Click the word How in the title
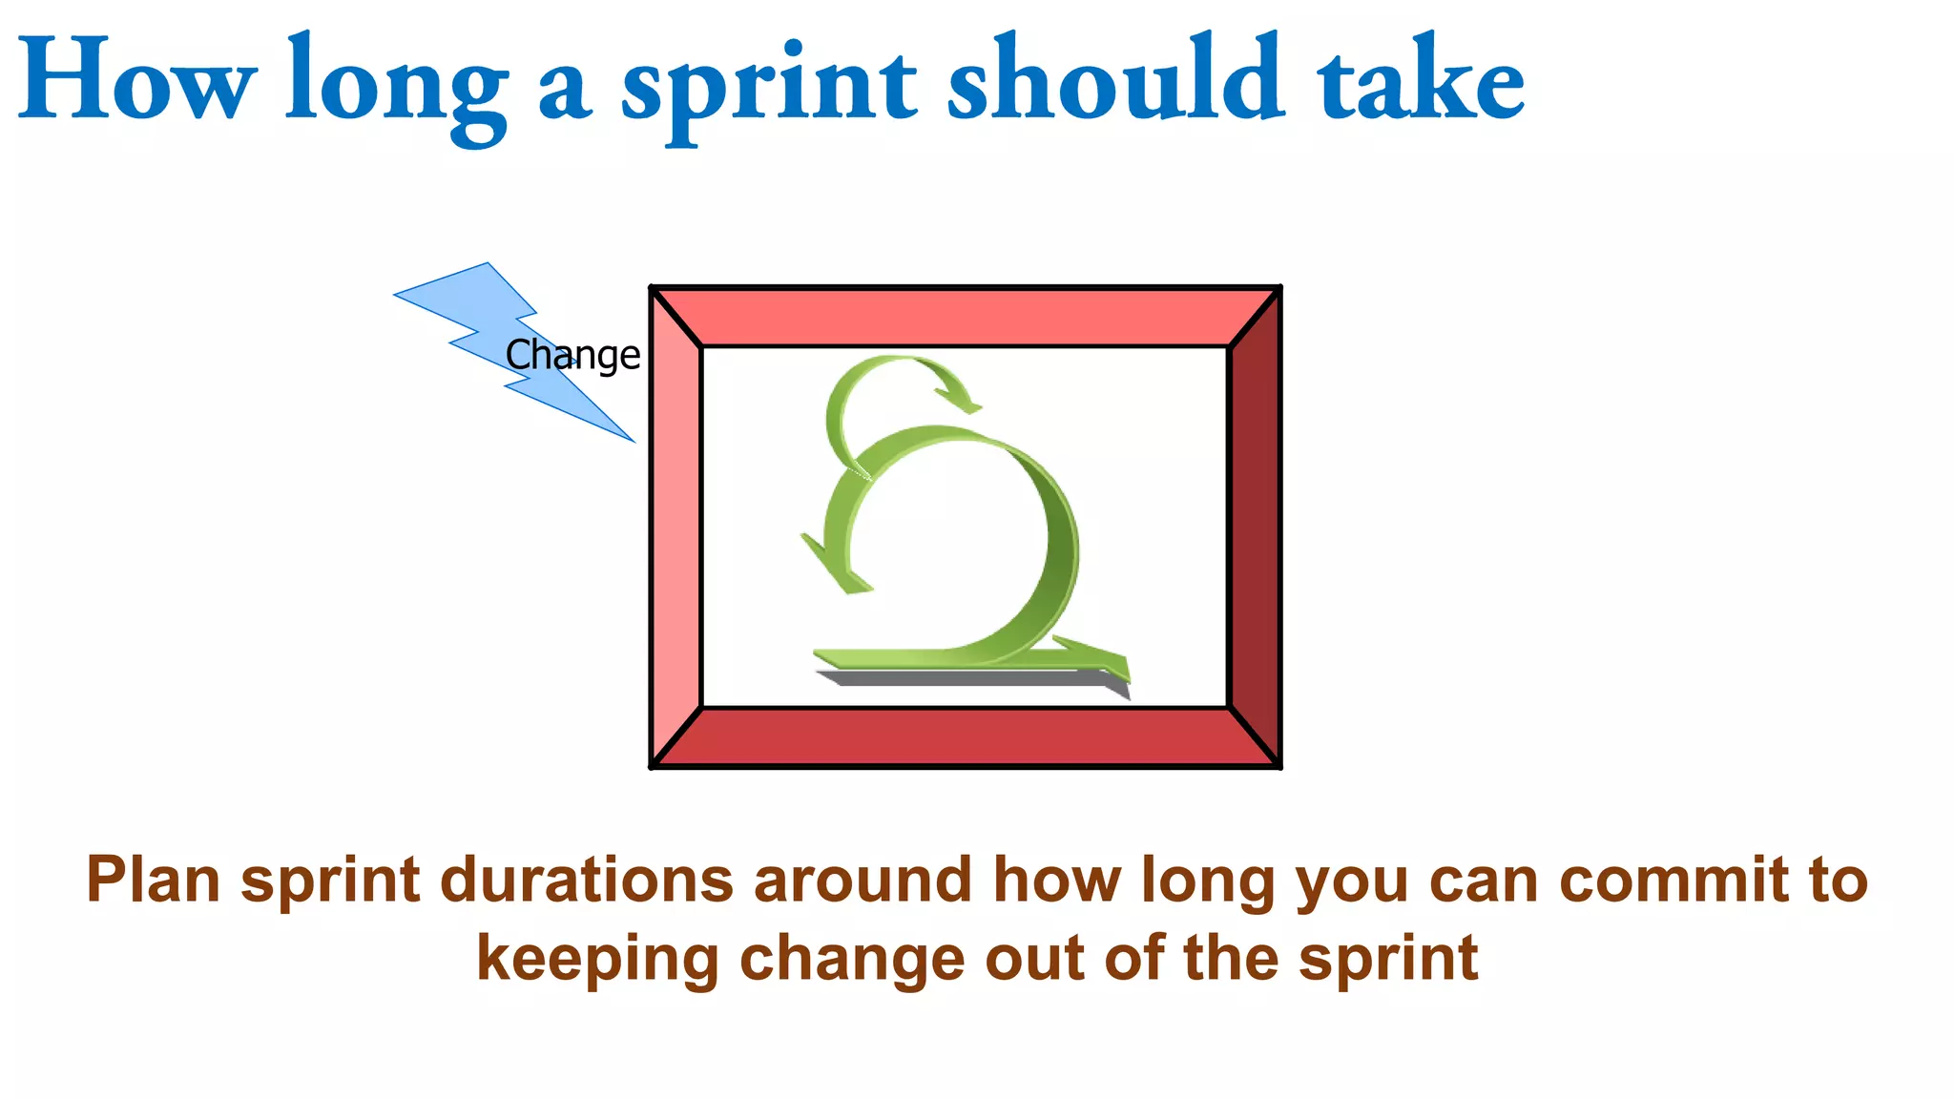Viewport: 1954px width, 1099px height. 136,81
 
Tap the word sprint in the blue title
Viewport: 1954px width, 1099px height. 769,86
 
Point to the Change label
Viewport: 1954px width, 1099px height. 572,355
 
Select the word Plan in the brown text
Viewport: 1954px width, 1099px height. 153,880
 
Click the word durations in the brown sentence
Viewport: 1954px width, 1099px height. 586,880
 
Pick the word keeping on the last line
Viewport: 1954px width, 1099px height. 597,959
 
